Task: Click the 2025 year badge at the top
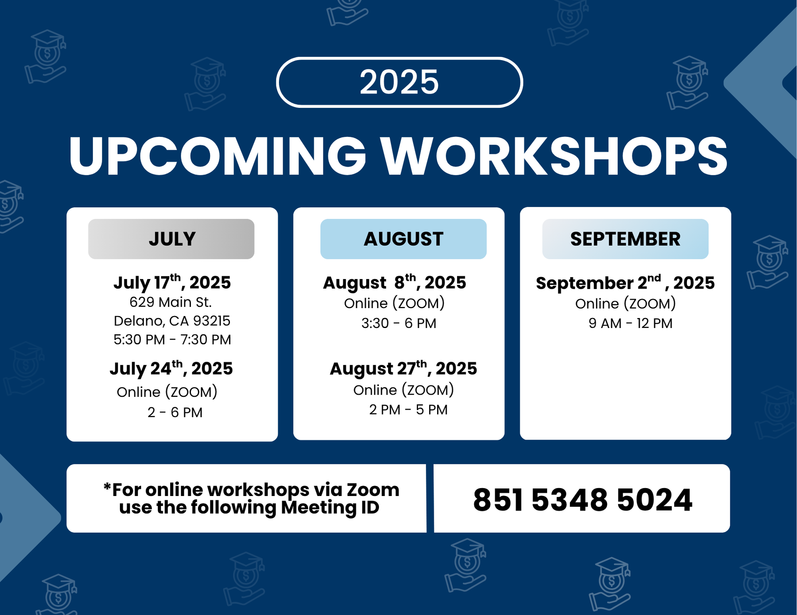pyautogui.click(x=399, y=82)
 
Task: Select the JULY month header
pyautogui.click(x=171, y=239)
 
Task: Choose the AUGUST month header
pyautogui.click(x=403, y=239)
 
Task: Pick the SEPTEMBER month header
pyautogui.click(x=625, y=239)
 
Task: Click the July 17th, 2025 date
pyautogui.click(x=172, y=282)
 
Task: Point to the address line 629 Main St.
pyautogui.click(x=171, y=302)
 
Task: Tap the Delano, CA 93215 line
pyautogui.click(x=172, y=321)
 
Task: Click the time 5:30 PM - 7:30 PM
pyautogui.click(x=172, y=339)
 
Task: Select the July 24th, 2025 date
pyautogui.click(x=171, y=368)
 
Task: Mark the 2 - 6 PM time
pyautogui.click(x=175, y=412)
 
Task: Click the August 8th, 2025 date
pyautogui.click(x=395, y=282)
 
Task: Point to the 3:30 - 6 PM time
pyautogui.click(x=398, y=323)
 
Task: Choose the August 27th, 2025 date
pyautogui.click(x=403, y=368)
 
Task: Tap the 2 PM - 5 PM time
pyautogui.click(x=408, y=409)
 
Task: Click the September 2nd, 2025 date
pyautogui.click(x=625, y=282)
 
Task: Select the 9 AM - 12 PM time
pyautogui.click(x=631, y=323)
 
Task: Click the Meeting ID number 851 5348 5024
pyautogui.click(x=582, y=499)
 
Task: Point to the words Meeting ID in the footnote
pyautogui.click(x=330, y=508)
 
